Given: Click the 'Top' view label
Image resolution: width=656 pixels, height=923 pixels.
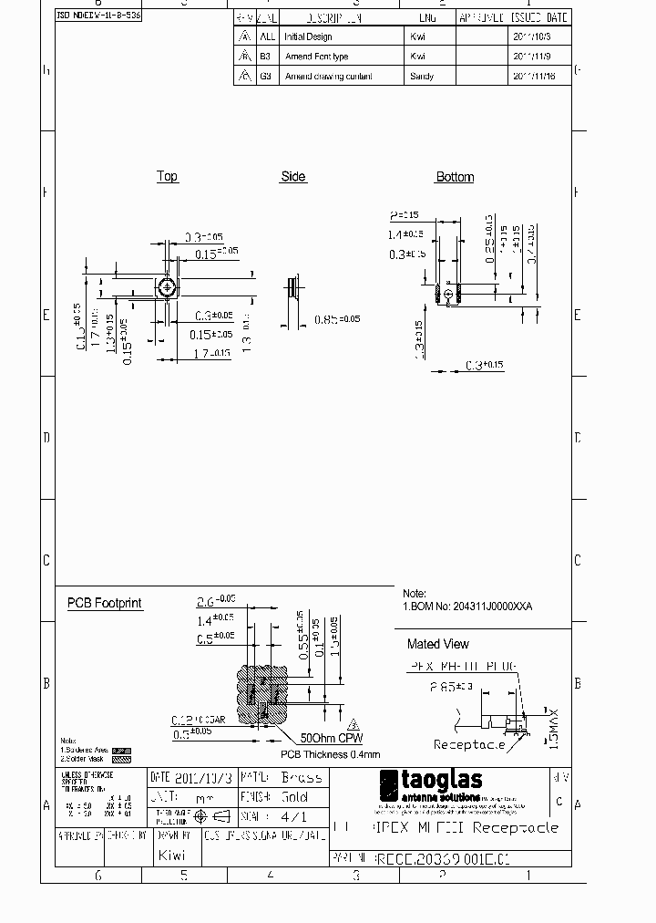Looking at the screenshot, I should pyautogui.click(x=167, y=176).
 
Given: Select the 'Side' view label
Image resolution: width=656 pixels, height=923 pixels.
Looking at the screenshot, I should pyautogui.click(x=292, y=176).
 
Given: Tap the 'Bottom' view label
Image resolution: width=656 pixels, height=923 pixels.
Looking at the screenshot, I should pyautogui.click(x=455, y=177).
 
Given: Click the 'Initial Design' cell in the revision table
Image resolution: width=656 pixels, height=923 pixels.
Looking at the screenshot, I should pyautogui.click(x=308, y=36).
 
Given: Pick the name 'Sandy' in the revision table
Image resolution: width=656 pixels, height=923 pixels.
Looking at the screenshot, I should pyautogui.click(x=422, y=77).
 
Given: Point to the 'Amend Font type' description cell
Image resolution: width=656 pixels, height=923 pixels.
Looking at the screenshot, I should pyautogui.click(x=316, y=57).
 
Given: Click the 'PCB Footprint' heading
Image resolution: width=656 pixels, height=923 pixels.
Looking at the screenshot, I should pyautogui.click(x=105, y=603).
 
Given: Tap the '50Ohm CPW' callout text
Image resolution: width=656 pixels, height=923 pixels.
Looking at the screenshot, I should pyautogui.click(x=323, y=738).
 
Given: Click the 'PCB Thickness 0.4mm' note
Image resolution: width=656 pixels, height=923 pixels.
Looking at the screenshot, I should pyautogui.click(x=330, y=754).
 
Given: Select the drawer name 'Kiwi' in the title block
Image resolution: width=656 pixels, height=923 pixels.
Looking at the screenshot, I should pyautogui.click(x=171, y=855).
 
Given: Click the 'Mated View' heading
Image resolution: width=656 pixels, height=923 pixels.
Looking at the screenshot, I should pyautogui.click(x=437, y=643).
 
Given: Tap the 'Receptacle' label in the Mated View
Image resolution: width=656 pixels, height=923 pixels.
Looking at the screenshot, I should pyautogui.click(x=469, y=744).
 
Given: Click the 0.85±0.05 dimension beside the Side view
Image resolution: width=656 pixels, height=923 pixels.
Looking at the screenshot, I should pyautogui.click(x=337, y=319).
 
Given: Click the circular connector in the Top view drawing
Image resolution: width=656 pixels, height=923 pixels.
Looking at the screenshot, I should pyautogui.click(x=167, y=287).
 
